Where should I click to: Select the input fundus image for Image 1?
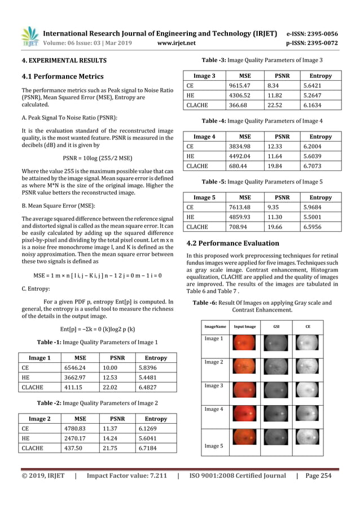(245, 344)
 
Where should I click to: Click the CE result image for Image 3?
(308, 391)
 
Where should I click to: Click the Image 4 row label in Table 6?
(214, 409)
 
